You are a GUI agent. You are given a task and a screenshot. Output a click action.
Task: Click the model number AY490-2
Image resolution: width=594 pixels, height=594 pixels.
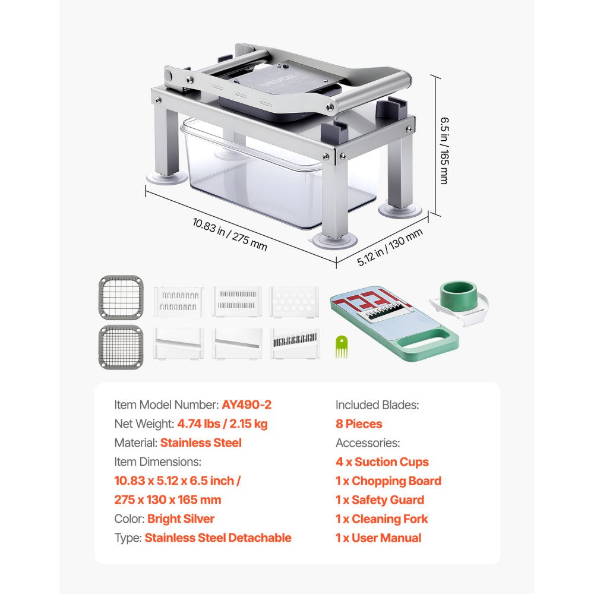tap(247, 405)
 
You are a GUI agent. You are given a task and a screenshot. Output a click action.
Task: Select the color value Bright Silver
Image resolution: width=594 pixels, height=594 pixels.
tap(181, 519)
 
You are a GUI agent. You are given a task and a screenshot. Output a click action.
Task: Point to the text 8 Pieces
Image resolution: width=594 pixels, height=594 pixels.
tap(359, 424)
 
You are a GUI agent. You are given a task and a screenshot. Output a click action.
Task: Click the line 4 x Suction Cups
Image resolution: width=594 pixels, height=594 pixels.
tap(382, 462)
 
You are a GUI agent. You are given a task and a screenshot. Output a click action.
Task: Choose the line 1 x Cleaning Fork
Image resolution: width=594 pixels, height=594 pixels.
tap(381, 519)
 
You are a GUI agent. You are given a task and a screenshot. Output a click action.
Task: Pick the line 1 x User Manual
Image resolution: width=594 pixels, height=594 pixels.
tap(378, 538)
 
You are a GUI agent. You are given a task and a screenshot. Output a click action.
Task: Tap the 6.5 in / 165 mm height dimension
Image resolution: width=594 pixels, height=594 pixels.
tap(444, 150)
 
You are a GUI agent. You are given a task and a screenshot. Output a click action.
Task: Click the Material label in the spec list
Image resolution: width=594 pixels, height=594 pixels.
tap(135, 443)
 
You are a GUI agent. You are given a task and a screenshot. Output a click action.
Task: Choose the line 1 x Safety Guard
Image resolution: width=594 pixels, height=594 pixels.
tap(380, 500)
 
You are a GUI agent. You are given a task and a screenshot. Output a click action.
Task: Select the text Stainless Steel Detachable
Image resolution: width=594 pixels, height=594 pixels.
tap(218, 538)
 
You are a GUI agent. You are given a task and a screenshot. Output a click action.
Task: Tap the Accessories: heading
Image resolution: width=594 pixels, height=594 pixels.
tap(368, 443)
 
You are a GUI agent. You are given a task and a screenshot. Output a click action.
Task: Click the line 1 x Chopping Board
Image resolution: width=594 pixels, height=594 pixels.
tap(388, 481)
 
